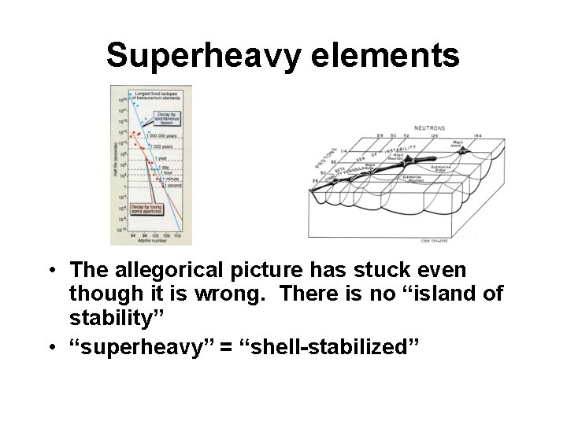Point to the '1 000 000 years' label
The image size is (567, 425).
pyautogui.click(x=161, y=137)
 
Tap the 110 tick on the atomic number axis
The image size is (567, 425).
pyautogui.click(x=177, y=235)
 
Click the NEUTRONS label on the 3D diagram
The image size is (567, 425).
pyautogui.click(x=429, y=128)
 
